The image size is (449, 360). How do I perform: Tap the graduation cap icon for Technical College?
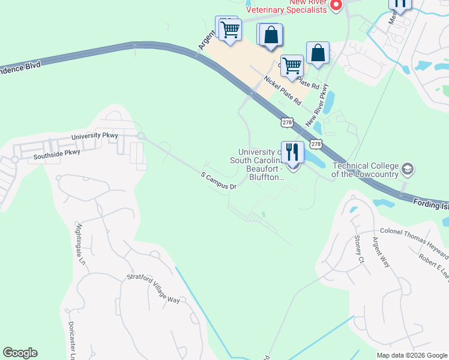pyautogui.click(x=408, y=169)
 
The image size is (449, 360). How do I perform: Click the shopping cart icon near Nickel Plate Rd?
pyautogui.click(x=292, y=65)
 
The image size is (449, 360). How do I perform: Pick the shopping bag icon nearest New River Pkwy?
pyautogui.click(x=318, y=53)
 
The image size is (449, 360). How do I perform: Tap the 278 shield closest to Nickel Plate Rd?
pyautogui.click(x=286, y=122)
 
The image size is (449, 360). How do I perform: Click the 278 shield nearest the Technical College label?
pyautogui.click(x=316, y=144)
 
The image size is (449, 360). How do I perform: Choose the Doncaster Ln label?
pyautogui.click(x=71, y=339)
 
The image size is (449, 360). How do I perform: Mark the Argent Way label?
pyautogui.click(x=381, y=252)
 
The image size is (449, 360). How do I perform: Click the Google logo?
pyautogui.click(x=20, y=353)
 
